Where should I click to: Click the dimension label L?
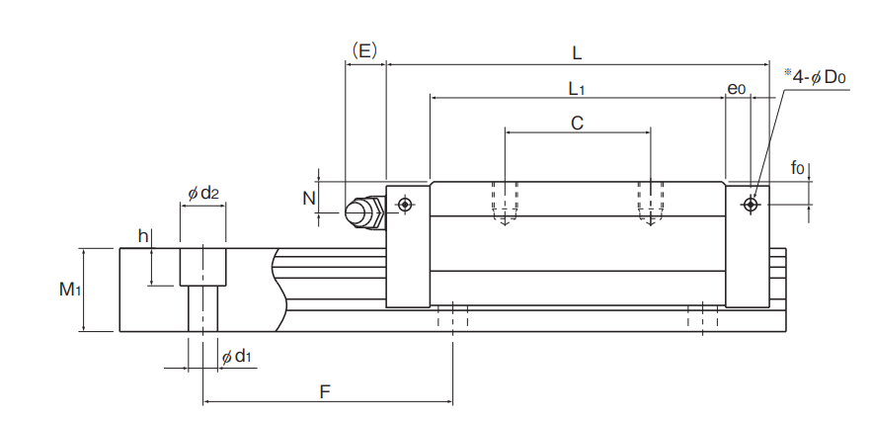coord(577,53)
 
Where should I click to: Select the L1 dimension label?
coord(576,88)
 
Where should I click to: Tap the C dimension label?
coord(578,124)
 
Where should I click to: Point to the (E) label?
coord(364,51)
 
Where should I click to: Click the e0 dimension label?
coord(737,89)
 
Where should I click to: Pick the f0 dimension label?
coord(798,167)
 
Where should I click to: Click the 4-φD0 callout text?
coord(816,77)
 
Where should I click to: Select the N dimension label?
coord(309,198)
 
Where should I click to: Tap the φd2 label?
coord(203,194)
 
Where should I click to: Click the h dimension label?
coord(143,236)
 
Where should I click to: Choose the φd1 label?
coord(236,357)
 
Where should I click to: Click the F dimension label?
coord(325,392)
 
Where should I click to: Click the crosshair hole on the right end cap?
coord(752,205)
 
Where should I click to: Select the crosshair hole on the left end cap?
coord(406,205)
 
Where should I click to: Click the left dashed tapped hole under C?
coord(505,203)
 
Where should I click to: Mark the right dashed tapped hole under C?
coord(650,203)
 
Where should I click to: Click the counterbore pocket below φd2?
coord(202,267)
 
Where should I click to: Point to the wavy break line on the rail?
coord(280,290)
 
